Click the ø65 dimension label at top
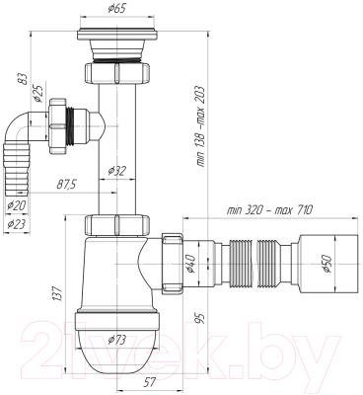pyautogui.click(x=116, y=8)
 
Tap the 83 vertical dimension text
pyautogui.click(x=22, y=79)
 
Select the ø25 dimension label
pyautogui.click(x=37, y=94)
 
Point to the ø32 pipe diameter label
pyautogui.click(x=117, y=171)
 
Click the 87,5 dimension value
pyautogui.click(x=66, y=185)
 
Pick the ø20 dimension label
pyautogui.click(x=17, y=205)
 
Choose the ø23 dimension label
pyautogui.click(x=17, y=224)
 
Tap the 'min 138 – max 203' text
pyautogui.click(x=200, y=126)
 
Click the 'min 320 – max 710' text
pyautogui.click(x=269, y=210)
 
